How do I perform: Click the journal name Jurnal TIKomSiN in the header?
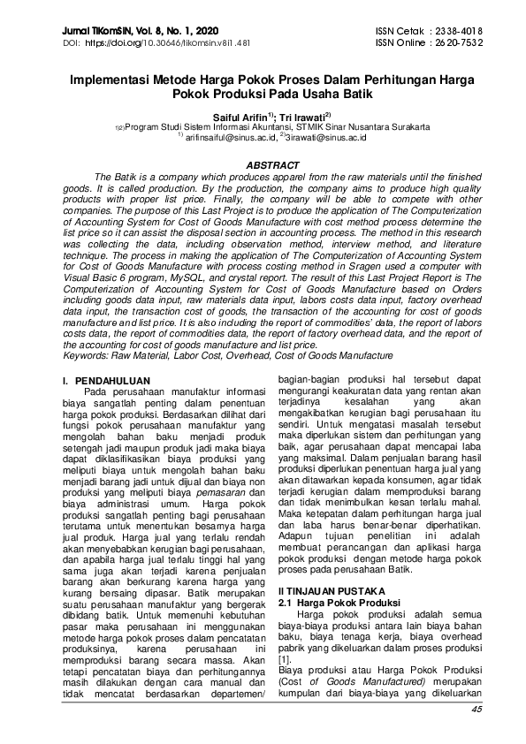click(x=95, y=30)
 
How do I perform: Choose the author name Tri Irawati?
click(x=300, y=116)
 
